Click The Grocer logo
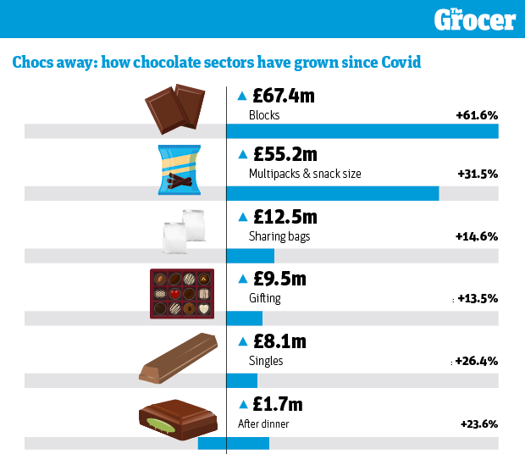(x=474, y=19)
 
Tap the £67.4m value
(x=284, y=96)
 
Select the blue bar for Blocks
(x=362, y=130)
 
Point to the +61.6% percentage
(x=476, y=114)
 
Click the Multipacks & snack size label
(x=305, y=174)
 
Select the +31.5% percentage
(x=476, y=174)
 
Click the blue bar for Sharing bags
(x=251, y=255)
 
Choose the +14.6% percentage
(x=476, y=236)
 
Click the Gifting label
(x=265, y=298)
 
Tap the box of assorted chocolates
(x=182, y=293)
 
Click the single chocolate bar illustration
(x=179, y=357)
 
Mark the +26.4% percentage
(x=476, y=361)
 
